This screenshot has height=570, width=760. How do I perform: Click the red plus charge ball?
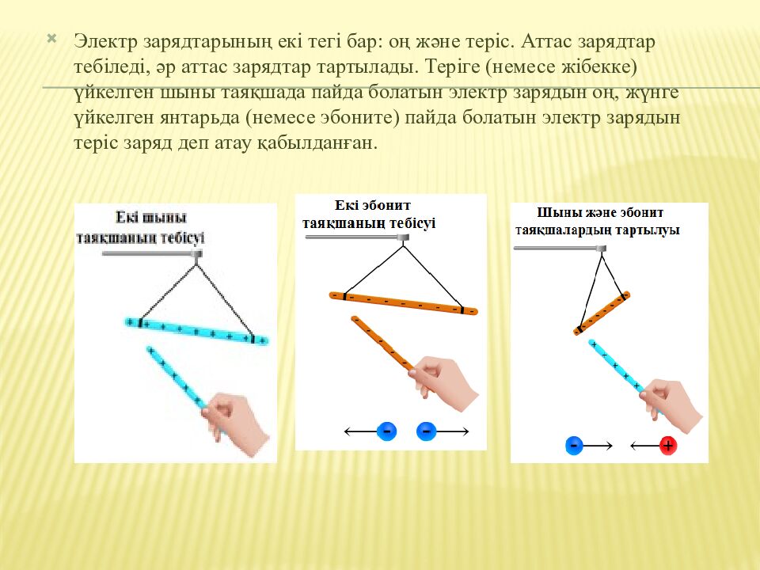click(x=668, y=446)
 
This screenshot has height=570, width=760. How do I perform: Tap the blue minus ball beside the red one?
click(x=574, y=446)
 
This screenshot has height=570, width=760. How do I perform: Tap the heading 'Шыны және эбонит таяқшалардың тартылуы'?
click(x=598, y=221)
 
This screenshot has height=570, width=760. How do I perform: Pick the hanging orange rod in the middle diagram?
click(x=404, y=302)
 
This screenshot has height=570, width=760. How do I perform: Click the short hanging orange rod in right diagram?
click(x=602, y=312)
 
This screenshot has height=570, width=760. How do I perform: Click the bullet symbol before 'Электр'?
click(x=52, y=38)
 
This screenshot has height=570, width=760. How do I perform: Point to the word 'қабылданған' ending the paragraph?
click(x=325, y=144)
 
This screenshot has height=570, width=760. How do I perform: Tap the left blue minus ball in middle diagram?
click(x=386, y=431)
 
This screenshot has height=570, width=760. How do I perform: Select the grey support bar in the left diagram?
click(x=150, y=254)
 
